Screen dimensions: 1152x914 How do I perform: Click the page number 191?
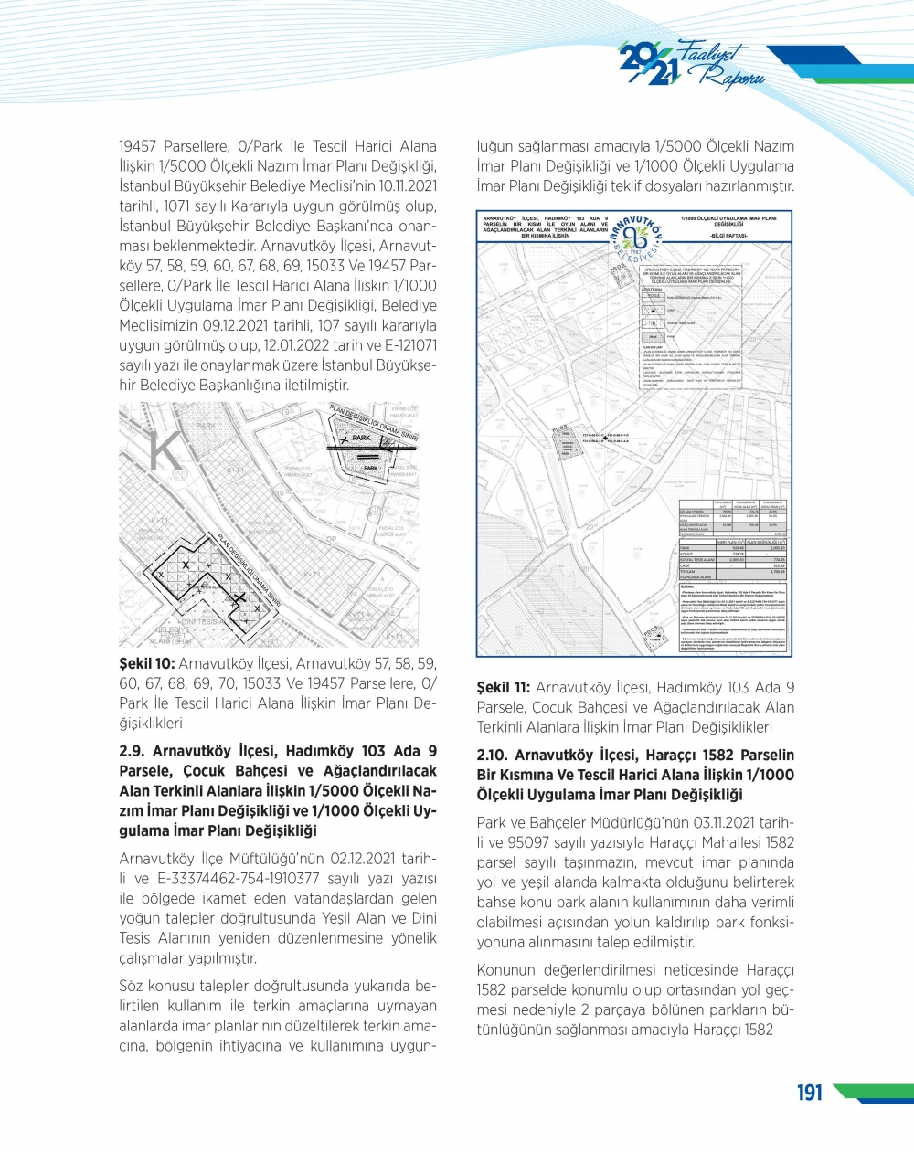pyautogui.click(x=810, y=1093)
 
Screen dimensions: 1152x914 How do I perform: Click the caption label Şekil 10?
pyautogui.click(x=146, y=664)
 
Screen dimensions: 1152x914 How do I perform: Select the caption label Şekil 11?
pyautogui.click(x=503, y=688)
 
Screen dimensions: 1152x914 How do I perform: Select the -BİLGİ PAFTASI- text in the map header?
pyautogui.click(x=728, y=236)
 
